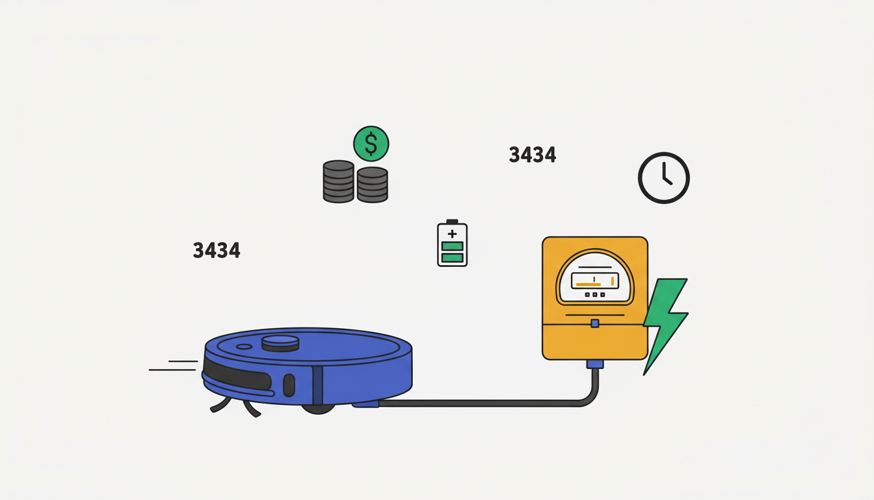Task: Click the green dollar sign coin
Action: click(371, 144)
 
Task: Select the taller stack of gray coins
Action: click(339, 181)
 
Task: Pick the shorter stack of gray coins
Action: click(372, 185)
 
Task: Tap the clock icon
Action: click(664, 178)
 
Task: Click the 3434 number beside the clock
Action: click(533, 155)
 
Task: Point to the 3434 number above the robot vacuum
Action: click(217, 251)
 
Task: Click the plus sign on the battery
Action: click(452, 234)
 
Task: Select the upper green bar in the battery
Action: click(452, 246)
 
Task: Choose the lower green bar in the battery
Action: click(452, 258)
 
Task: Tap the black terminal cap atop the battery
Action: click(452, 221)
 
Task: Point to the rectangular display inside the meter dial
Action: click(595, 281)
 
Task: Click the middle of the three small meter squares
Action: click(595, 294)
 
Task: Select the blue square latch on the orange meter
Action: click(595, 324)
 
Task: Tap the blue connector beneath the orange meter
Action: click(595, 364)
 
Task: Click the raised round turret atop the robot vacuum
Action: click(280, 343)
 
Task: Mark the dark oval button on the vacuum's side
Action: click(289, 385)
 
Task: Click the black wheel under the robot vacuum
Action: click(318, 409)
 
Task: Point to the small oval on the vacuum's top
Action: click(245, 346)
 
